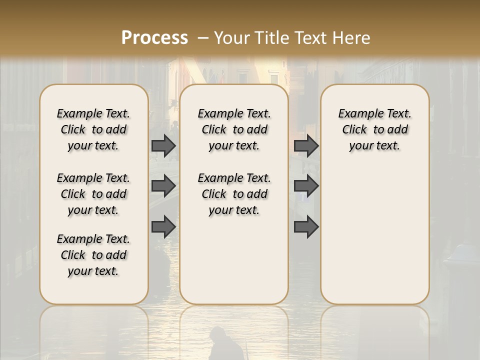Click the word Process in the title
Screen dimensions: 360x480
154,38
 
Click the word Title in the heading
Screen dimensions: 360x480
273,38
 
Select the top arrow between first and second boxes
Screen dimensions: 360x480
163,146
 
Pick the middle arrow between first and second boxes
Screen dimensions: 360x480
163,186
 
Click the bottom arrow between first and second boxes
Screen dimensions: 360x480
163,227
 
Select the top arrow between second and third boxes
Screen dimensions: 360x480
306,146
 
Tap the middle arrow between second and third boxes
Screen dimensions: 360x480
306,186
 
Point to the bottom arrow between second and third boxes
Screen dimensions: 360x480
306,227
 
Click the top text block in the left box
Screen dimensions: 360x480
93,129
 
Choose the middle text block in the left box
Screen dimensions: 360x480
93,194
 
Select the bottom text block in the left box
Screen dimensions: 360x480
93,255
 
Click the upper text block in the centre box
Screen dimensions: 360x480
234,129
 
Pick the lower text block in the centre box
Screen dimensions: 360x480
234,194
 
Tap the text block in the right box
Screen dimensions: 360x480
375,129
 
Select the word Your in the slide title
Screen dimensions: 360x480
232,38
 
